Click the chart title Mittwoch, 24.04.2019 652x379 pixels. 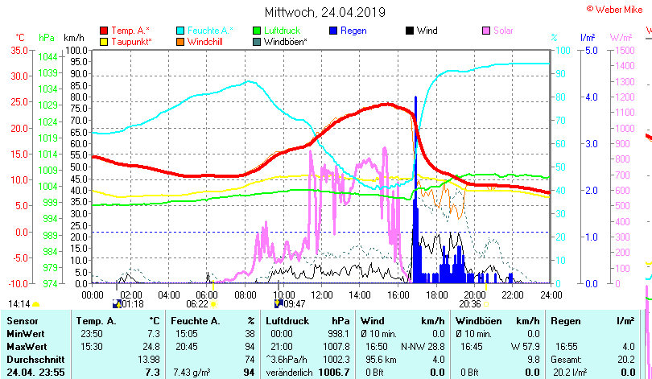[x=325, y=12]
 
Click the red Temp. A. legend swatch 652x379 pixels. [x=105, y=31]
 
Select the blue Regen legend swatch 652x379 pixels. [x=334, y=31]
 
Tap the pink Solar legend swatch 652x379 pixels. [x=486, y=31]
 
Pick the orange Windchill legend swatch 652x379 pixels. [x=181, y=41]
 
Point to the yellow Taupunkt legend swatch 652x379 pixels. [x=105, y=41]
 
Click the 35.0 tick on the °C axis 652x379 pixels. [x=17, y=50]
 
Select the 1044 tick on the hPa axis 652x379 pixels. [x=47, y=56]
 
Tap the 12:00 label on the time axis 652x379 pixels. [x=321, y=295]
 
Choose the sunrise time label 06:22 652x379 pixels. [x=197, y=304]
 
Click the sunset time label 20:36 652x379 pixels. [x=470, y=304]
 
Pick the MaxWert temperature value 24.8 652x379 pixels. [x=151, y=346]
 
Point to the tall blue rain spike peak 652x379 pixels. [x=415, y=98]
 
